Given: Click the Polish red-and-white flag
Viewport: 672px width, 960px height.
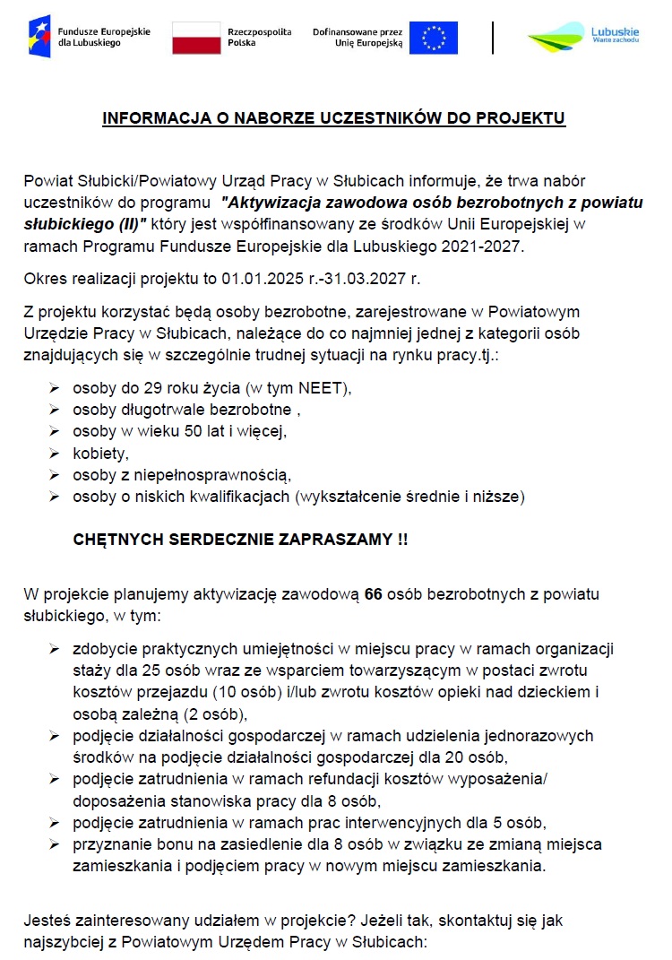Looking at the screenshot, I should (x=196, y=38).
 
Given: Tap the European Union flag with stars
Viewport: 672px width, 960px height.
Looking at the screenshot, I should (x=434, y=38).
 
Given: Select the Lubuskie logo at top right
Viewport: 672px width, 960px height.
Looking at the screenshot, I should (x=582, y=38).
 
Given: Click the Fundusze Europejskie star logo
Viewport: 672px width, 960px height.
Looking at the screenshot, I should (x=39, y=37).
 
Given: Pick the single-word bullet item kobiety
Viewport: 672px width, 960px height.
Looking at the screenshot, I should (x=100, y=453).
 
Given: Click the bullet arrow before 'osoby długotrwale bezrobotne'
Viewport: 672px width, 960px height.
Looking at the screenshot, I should (x=55, y=410).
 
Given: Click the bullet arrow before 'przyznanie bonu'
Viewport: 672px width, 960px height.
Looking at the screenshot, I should (x=55, y=844).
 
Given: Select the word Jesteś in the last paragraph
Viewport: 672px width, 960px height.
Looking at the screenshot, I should (x=46, y=921).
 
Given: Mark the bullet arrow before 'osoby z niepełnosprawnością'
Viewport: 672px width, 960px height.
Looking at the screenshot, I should (x=55, y=474).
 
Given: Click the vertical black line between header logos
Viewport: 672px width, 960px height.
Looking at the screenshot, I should (x=493, y=38).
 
